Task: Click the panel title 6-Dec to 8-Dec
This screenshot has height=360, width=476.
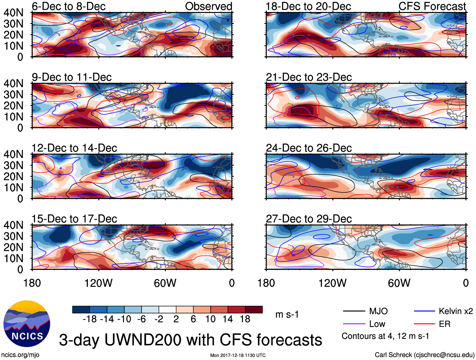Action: (x=68, y=6)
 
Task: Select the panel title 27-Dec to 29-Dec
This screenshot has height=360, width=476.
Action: (x=309, y=219)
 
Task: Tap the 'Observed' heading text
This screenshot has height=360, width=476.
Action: (x=208, y=6)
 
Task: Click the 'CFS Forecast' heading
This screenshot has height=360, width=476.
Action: (x=432, y=6)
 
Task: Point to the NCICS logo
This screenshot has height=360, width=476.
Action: (x=27, y=323)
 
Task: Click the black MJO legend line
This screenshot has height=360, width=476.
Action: (x=354, y=311)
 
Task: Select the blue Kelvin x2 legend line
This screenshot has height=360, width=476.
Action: (x=424, y=311)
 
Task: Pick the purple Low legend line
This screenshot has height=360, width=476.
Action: (x=354, y=324)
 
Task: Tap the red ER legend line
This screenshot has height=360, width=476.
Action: (x=424, y=324)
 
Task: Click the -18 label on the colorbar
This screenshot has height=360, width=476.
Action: (x=90, y=319)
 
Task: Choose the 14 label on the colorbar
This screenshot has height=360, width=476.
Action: (x=228, y=319)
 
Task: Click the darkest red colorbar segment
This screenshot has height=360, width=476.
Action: (x=254, y=310)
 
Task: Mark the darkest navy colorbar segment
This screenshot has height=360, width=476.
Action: (x=81, y=310)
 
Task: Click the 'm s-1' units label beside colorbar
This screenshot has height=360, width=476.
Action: (x=287, y=315)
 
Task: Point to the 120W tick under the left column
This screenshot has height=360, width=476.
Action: (x=98, y=283)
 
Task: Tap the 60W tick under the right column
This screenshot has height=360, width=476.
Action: (x=399, y=283)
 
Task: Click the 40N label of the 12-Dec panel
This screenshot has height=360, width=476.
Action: (x=13, y=154)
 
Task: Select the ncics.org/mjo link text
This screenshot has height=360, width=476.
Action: (x=20, y=355)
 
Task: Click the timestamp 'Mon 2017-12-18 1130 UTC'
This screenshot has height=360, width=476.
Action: (x=238, y=355)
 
